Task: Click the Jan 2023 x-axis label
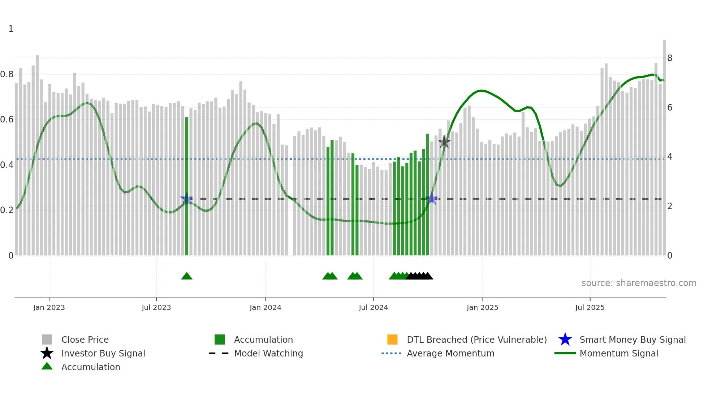click(x=49, y=307)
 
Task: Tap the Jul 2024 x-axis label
click(x=373, y=307)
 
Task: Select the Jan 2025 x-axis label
click(x=482, y=307)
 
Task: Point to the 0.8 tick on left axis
click(x=7, y=74)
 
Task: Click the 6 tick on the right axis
click(x=669, y=108)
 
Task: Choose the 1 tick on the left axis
click(x=11, y=29)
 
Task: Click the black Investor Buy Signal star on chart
click(x=444, y=142)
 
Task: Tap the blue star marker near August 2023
click(x=187, y=199)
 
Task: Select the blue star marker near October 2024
click(x=432, y=199)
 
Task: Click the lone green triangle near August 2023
click(x=187, y=276)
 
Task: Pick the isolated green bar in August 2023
click(x=187, y=186)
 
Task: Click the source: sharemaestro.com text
click(x=639, y=283)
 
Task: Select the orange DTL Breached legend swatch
click(x=392, y=339)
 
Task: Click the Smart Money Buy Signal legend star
click(x=565, y=339)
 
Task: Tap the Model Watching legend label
click(x=268, y=353)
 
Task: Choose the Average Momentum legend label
click(x=450, y=353)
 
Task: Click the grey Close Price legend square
click(x=47, y=339)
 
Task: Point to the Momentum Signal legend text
click(x=619, y=353)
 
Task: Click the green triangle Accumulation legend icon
click(x=47, y=366)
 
